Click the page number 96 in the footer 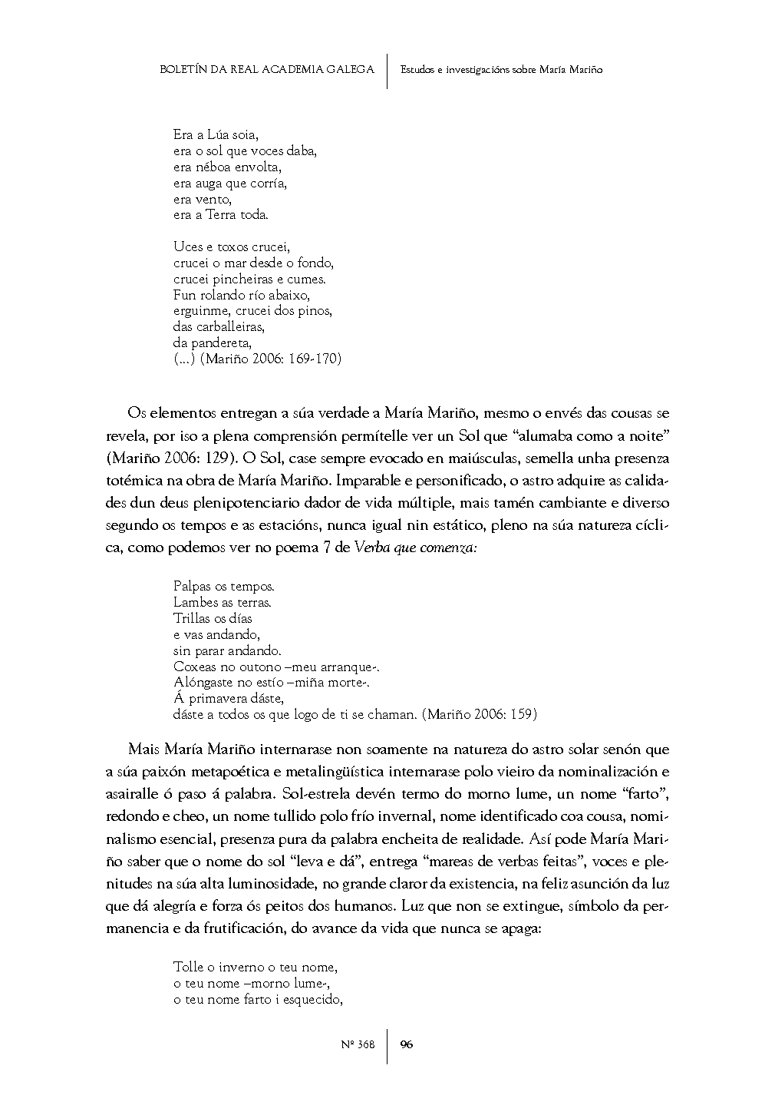coord(407,1044)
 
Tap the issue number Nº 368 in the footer coord(357,1045)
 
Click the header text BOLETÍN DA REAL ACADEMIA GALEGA coord(266,70)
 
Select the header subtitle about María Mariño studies coord(501,70)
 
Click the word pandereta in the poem coord(219,343)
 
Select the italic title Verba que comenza coord(416,549)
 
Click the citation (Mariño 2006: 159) coord(480,715)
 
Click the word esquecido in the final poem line coord(312,1000)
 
